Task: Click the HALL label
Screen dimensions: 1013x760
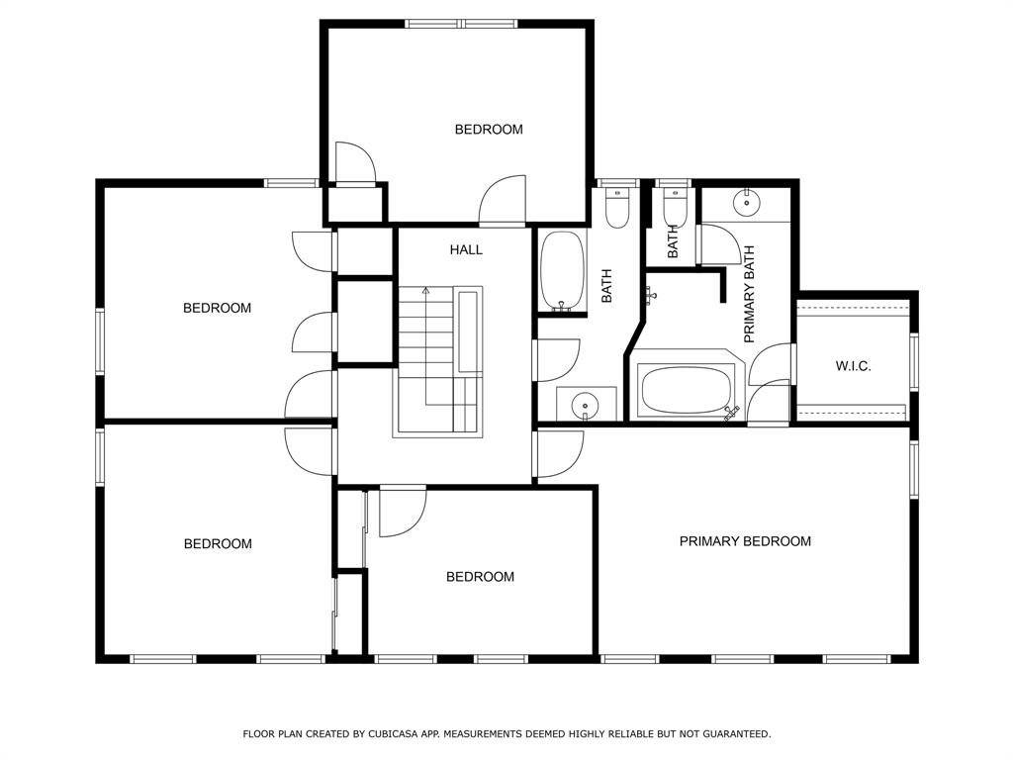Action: (x=466, y=249)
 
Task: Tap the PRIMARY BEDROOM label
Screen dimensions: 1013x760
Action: (x=745, y=541)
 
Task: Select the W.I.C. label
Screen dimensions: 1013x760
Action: (x=853, y=366)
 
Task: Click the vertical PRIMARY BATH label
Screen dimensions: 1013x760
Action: (x=750, y=294)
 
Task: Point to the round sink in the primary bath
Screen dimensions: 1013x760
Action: (x=746, y=203)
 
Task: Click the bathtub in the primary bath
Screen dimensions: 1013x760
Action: (x=686, y=390)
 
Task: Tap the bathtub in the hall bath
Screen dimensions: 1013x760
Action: (x=562, y=271)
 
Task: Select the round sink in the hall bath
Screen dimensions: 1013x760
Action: (x=586, y=406)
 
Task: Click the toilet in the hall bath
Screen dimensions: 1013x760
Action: (x=617, y=208)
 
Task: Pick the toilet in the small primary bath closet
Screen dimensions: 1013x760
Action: (x=674, y=206)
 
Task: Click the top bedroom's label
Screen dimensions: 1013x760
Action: (x=489, y=130)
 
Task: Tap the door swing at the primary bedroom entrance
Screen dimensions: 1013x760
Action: (x=560, y=454)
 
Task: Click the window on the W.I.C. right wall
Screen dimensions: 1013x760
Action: (x=913, y=361)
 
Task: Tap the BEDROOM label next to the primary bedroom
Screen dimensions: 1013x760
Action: (x=480, y=577)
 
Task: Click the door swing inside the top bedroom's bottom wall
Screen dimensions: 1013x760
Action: (x=502, y=200)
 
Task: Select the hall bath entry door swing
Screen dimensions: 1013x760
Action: (x=558, y=360)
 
